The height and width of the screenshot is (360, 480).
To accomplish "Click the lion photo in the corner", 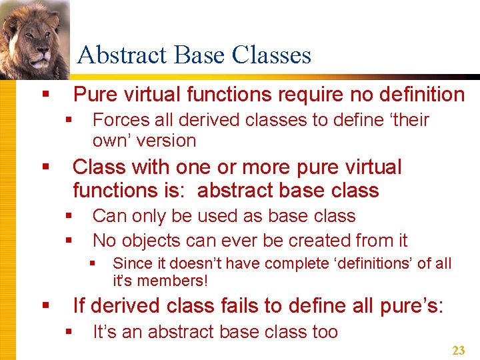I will click(33, 39).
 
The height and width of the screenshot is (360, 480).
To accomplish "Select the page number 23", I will click(458, 350).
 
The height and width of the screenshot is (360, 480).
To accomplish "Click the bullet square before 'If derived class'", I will click(45, 306).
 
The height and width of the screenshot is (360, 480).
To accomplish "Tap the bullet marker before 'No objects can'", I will click(68, 240).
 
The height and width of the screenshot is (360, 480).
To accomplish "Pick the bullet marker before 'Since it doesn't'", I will click(94, 263).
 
